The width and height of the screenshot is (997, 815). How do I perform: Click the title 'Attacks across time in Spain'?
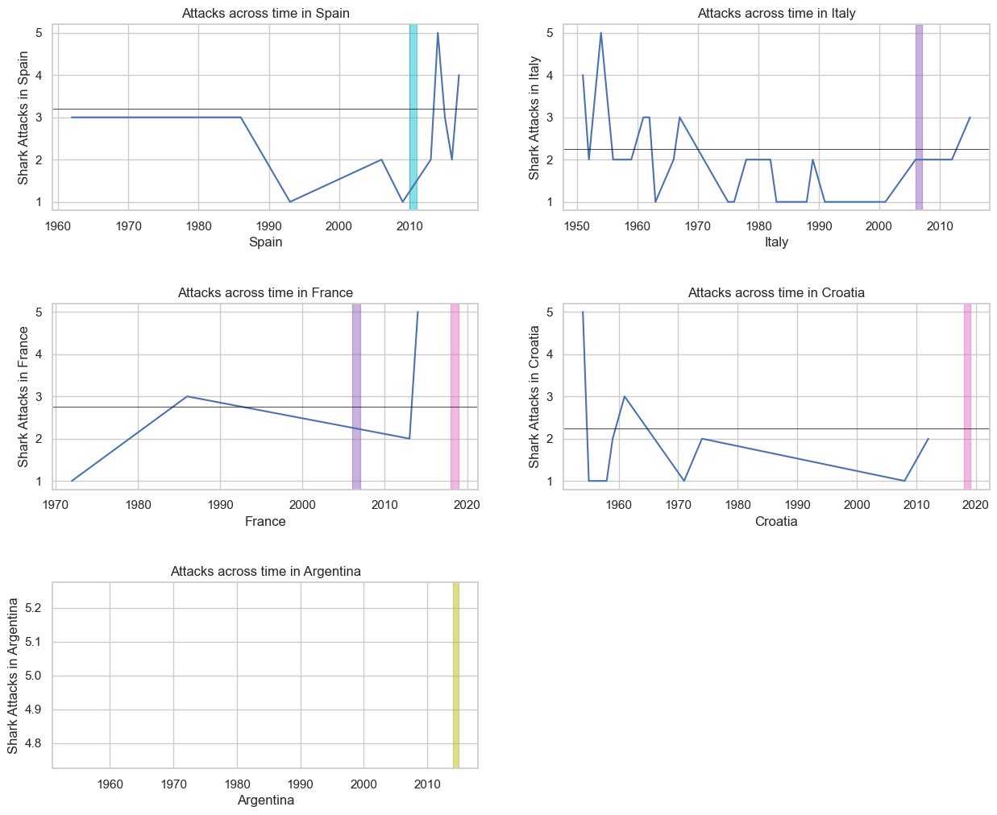coord(265,13)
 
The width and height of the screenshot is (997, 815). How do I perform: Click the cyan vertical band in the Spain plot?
coord(413,117)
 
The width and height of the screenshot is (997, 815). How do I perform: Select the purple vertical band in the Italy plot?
coord(919,117)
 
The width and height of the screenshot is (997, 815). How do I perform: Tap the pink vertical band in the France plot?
coord(455,396)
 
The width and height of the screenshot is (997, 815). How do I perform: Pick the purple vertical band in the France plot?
coord(356,396)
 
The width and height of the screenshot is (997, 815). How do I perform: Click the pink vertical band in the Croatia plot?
coord(967,396)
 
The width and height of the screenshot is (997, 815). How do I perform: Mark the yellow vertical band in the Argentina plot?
coord(455,675)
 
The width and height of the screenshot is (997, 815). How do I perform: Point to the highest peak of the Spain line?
coord(438,33)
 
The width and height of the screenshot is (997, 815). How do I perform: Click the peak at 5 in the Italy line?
coord(600,33)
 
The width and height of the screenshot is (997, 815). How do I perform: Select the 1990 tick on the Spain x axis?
coord(269,225)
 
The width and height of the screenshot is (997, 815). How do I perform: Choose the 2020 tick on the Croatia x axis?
coord(975,505)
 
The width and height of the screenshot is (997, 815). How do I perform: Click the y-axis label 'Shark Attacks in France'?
coord(23,396)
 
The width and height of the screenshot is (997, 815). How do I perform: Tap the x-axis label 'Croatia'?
coord(775,522)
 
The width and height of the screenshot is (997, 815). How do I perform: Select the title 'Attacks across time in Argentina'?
coord(265,571)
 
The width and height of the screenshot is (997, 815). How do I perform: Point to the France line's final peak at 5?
coord(417,312)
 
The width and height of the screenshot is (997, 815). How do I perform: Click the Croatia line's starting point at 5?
coord(583,312)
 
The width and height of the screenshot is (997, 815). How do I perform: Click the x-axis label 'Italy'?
coord(775,242)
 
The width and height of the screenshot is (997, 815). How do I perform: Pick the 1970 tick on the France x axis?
coord(56,505)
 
